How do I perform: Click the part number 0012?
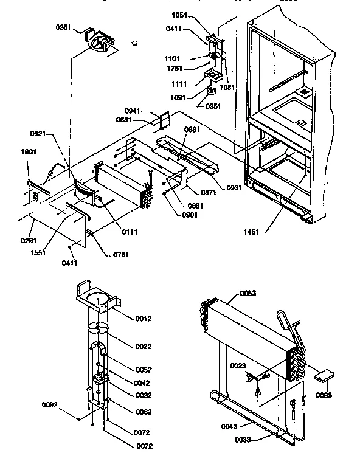click(x=144, y=319)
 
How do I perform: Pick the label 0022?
click(x=144, y=346)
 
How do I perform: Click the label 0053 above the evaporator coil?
click(x=248, y=293)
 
